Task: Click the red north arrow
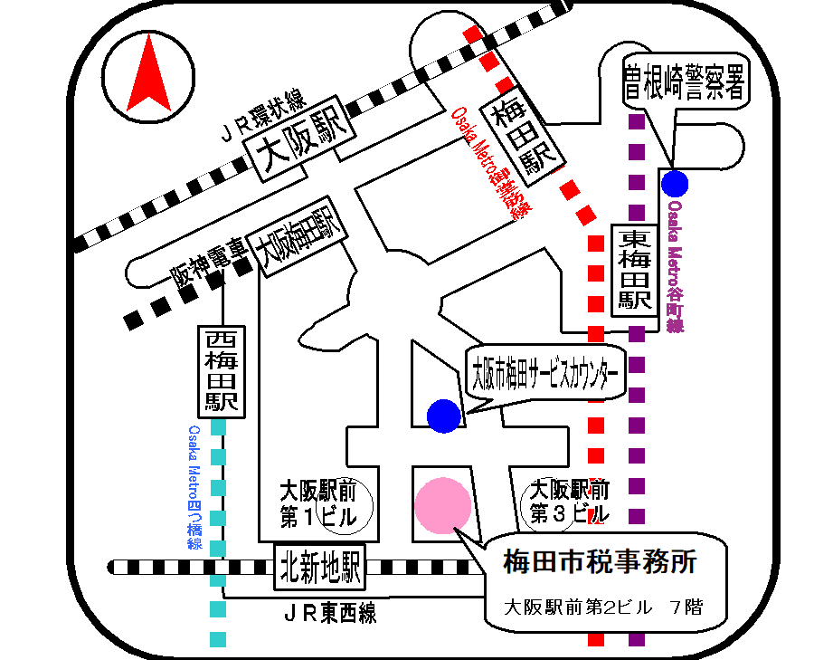147,77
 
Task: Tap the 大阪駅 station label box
303,145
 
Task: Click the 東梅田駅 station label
634,271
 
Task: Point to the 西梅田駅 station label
221,371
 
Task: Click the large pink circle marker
442,505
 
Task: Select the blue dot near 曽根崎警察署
675,184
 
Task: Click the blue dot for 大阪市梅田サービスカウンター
443,415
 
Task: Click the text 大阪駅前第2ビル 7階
601,606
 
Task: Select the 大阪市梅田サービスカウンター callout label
546,372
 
